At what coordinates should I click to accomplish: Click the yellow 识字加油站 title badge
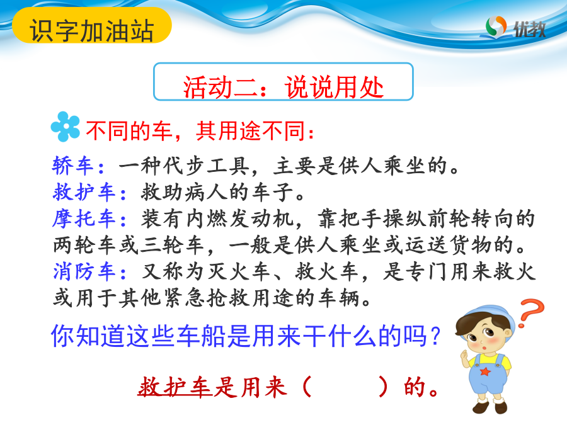pos(92,25)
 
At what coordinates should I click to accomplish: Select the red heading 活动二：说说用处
pos(283,87)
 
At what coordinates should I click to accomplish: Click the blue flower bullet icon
pos(65,127)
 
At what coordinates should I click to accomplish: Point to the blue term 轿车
pos(73,166)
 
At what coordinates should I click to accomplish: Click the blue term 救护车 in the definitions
pos(84,192)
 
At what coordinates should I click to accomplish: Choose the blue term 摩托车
pos(84,219)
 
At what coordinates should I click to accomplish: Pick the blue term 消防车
pos(84,272)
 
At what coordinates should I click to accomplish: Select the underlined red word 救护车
pos(175,387)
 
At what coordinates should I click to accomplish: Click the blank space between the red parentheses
pos(345,387)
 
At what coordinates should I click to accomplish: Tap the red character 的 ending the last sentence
pos(414,387)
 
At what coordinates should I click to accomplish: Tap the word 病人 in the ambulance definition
pos(207,192)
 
